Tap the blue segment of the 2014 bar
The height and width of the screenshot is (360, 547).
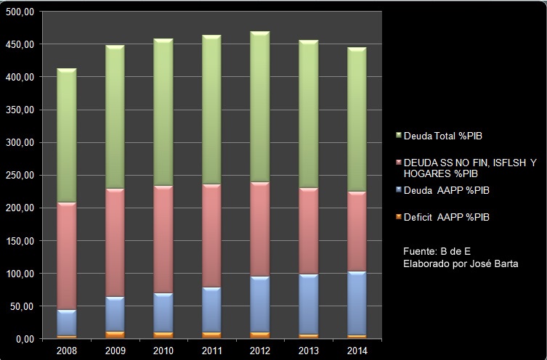(x=356, y=303)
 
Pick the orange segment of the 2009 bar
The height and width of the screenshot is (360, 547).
(x=115, y=335)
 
